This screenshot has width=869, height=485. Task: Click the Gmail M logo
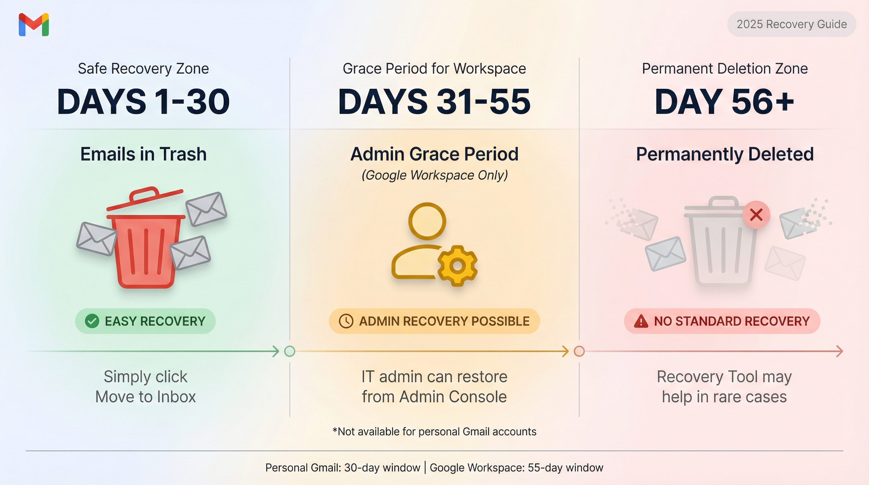click(x=34, y=24)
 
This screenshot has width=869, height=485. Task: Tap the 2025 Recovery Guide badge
click(x=791, y=24)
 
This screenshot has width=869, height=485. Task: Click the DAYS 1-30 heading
click(x=143, y=102)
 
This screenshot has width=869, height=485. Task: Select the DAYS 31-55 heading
click(x=434, y=102)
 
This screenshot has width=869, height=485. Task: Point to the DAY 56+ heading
click(x=725, y=102)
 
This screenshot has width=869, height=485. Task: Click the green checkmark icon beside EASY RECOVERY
click(x=92, y=321)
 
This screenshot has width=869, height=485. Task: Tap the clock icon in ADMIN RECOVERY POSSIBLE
click(x=346, y=321)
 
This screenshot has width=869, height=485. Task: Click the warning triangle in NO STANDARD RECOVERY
click(x=641, y=321)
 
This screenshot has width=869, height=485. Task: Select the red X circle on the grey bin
click(x=756, y=214)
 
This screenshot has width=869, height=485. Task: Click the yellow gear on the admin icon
click(x=458, y=266)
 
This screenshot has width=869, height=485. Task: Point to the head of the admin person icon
click(x=427, y=221)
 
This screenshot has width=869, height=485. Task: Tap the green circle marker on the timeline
click(x=290, y=351)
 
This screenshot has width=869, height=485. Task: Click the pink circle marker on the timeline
click(x=579, y=351)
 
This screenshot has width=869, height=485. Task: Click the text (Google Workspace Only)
click(x=434, y=175)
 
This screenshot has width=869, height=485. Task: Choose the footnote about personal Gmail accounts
click(x=434, y=432)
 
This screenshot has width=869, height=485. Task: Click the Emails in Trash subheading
click(x=143, y=154)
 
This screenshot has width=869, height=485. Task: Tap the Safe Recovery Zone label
click(x=143, y=69)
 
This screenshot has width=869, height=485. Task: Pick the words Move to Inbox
click(x=145, y=397)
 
